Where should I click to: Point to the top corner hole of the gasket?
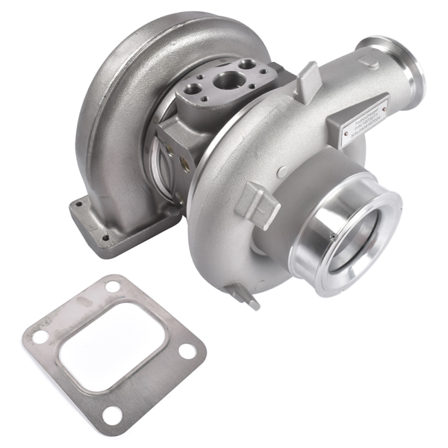point(113,287)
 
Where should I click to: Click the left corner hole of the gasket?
point(39,337)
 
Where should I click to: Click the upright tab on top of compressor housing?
point(307,80)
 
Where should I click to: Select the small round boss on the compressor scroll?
point(279,172)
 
